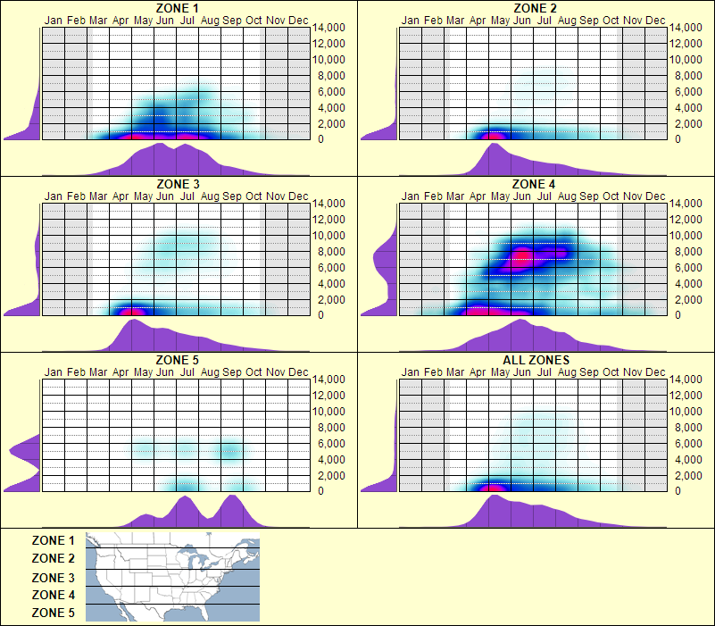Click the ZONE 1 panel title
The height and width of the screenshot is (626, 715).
178,9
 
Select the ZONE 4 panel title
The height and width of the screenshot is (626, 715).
535,185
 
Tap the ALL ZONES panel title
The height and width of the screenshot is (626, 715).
535,361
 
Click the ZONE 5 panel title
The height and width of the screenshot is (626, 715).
178,361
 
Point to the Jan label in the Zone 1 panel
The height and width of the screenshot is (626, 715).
54,21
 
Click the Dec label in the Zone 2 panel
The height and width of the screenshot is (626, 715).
655,21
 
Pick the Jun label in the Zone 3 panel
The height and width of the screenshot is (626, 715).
165,196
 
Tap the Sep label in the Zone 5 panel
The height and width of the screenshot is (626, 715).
232,372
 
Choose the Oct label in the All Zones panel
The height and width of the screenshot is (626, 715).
611,372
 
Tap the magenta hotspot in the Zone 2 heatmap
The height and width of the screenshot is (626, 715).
492,136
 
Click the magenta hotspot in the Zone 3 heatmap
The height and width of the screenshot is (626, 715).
132,312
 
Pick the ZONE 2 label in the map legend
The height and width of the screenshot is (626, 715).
54,558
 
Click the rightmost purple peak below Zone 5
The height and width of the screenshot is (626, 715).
232,497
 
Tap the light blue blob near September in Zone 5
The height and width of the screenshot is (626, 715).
230,449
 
